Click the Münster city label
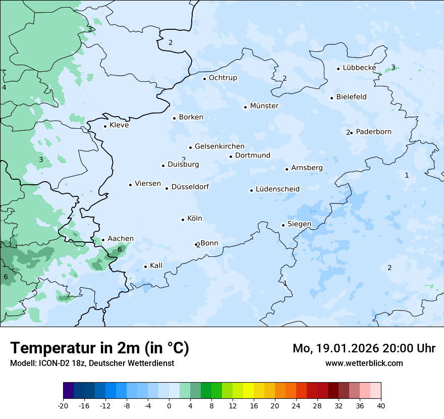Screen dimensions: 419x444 (x=264, y=106)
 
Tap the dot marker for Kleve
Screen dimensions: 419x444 (x=105, y=126)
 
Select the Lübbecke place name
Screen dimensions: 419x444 (x=359, y=68)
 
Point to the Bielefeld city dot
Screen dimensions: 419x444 (x=331, y=98)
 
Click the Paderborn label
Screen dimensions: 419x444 (x=373, y=132)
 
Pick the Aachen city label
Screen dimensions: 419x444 (x=121, y=239)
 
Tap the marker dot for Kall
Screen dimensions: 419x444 (x=145, y=267)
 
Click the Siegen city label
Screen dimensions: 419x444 (x=299, y=224)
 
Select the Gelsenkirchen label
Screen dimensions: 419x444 (x=219, y=146)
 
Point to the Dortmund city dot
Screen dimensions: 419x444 (x=231, y=156)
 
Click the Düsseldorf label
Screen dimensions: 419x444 (x=190, y=187)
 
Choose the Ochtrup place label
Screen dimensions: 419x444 (x=223, y=78)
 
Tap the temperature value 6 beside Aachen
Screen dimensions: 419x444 (x=120, y=249)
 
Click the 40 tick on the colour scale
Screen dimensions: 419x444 (x=381, y=406)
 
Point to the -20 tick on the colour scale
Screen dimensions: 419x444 (x=63, y=406)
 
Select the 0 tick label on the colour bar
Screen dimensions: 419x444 (x=169, y=406)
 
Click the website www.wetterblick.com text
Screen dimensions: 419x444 (x=364, y=363)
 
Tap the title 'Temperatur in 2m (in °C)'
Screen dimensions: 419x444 (x=99, y=348)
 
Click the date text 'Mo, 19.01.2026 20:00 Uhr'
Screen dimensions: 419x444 (x=364, y=348)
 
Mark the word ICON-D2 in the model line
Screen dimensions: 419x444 (x=52, y=363)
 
